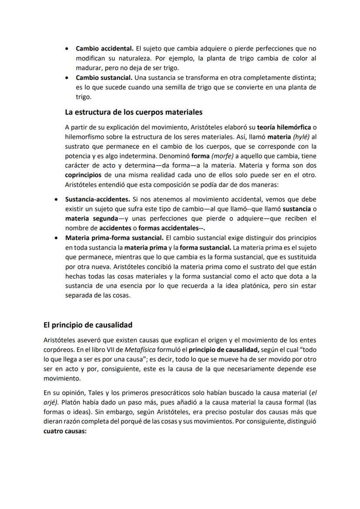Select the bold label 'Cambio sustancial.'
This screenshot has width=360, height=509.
click(x=103, y=78)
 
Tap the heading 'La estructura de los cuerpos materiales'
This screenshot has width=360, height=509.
click(x=133, y=112)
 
